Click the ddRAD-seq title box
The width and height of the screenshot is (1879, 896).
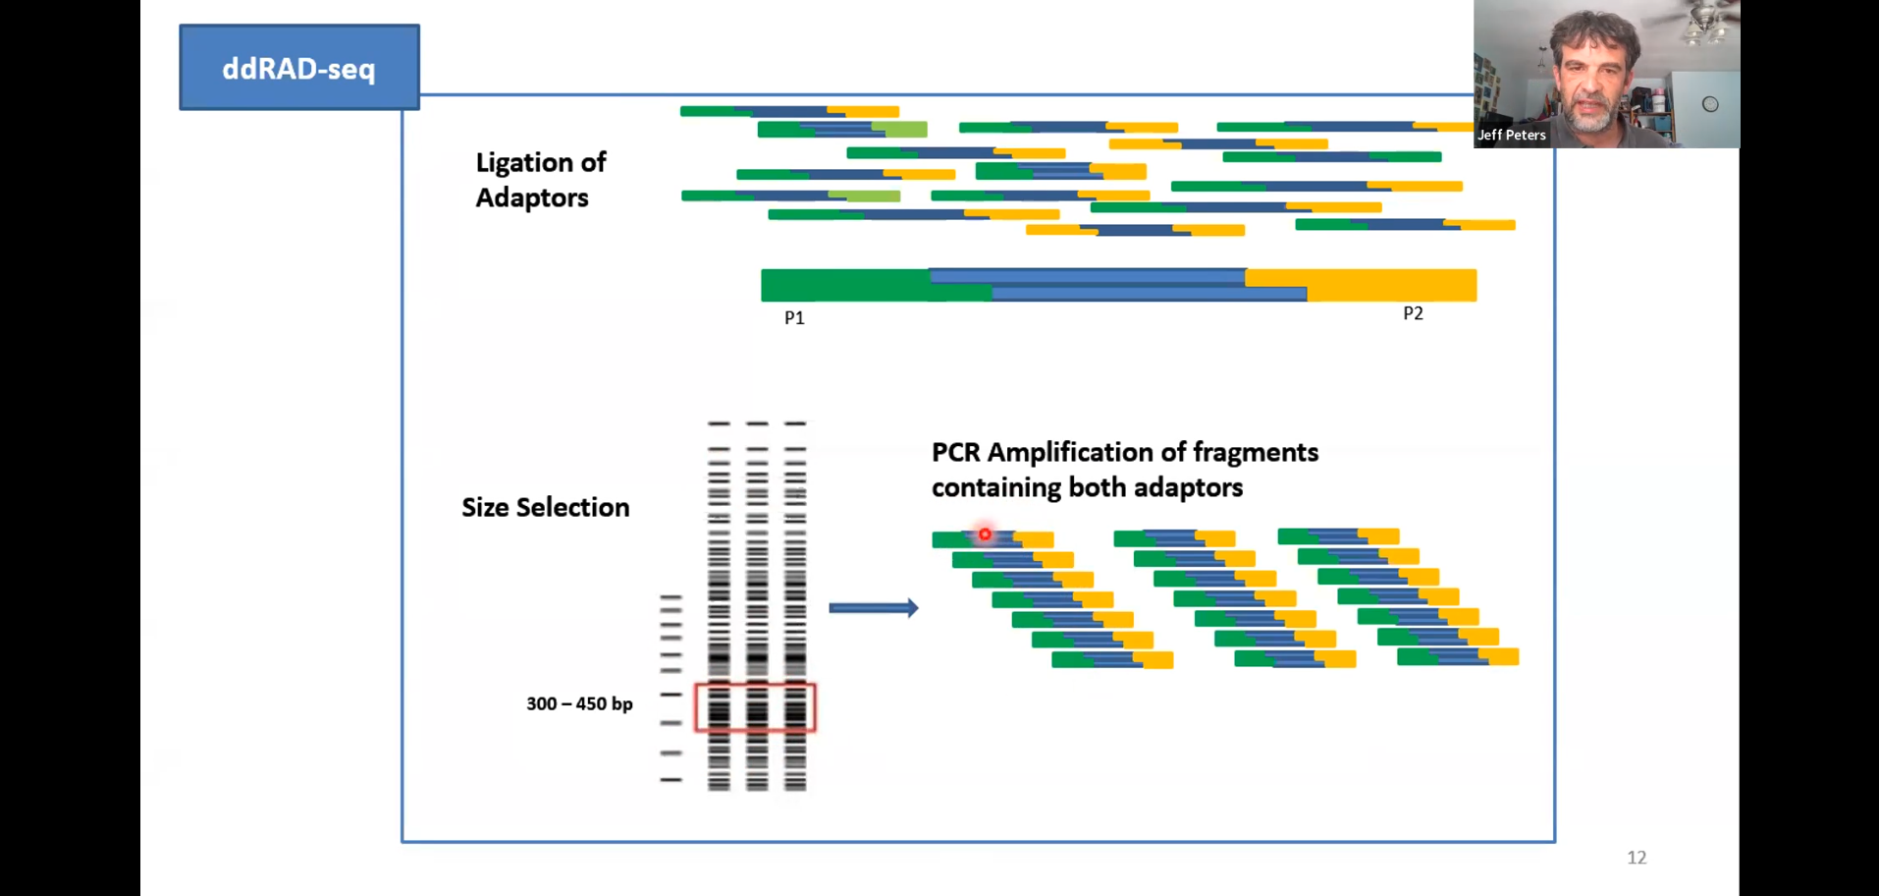point(299,68)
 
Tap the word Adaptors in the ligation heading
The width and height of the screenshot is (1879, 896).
point(532,198)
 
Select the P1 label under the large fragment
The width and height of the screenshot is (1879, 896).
point(794,318)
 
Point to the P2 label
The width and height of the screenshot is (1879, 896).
point(1413,313)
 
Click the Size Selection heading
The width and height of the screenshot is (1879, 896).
point(546,508)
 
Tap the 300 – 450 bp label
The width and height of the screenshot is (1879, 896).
point(579,704)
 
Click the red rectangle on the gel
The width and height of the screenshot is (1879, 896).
point(755,707)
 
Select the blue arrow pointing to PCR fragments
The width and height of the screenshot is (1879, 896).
point(873,608)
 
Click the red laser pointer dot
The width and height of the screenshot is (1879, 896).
point(985,534)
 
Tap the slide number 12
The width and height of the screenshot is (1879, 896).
point(1637,858)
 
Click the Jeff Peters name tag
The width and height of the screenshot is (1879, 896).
point(1512,136)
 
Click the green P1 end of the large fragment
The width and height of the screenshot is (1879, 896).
point(844,285)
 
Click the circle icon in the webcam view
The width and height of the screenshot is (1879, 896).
point(1710,104)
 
